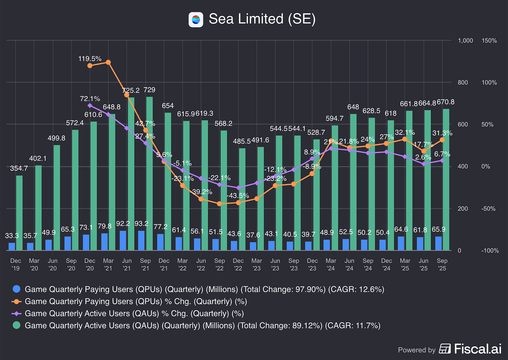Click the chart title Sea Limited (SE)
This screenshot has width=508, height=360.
pyautogui.click(x=262, y=19)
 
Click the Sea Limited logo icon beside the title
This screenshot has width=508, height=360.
pyautogui.click(x=196, y=20)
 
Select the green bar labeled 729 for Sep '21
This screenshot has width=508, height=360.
pyautogui.click(x=149, y=173)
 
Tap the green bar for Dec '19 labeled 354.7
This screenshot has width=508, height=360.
pyautogui.click(x=20, y=213)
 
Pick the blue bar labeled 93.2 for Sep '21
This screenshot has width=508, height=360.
pyautogui.click(x=141, y=240)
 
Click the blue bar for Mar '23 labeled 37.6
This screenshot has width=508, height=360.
pyautogui.click(x=253, y=246)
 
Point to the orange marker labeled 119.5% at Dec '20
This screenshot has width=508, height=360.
pyautogui.click(x=90, y=65)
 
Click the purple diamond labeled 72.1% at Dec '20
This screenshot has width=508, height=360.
pyautogui.click(x=90, y=105)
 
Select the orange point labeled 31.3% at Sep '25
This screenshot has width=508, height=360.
pyautogui.click(x=442, y=140)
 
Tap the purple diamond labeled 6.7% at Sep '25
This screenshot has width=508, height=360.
pyautogui.click(x=442, y=160)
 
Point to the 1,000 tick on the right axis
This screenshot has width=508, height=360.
pyautogui.click(x=465, y=41)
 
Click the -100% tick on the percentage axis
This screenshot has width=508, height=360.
pyautogui.click(x=490, y=251)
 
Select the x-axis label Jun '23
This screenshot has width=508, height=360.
pyautogui.click(x=275, y=264)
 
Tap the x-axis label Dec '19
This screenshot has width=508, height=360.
pyautogui.click(x=16, y=264)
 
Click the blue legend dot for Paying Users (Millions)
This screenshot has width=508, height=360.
pyautogui.click(x=16, y=289)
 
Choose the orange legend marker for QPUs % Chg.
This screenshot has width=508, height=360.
pyautogui.click(x=16, y=301)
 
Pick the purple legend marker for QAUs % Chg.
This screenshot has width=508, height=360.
pyautogui.click(x=16, y=314)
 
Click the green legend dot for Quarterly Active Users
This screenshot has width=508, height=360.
pyautogui.click(x=16, y=325)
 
